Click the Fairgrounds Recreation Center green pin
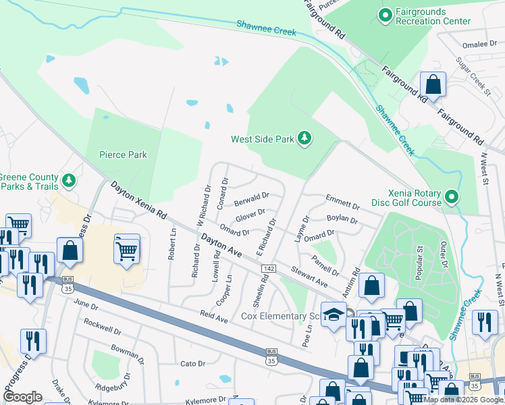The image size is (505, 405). [386, 15]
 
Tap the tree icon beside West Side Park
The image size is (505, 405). [304, 139]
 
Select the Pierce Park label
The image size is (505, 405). [123, 155]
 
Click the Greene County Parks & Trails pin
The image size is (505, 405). [68, 180]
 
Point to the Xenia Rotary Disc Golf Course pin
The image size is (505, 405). [452, 197]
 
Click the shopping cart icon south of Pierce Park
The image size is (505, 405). [126, 250]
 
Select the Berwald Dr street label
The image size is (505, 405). [251, 199]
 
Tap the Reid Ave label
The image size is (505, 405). [213, 316]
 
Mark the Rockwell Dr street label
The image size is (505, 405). [102, 327]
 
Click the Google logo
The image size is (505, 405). [23, 397]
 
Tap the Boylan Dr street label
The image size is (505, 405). [342, 219]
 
